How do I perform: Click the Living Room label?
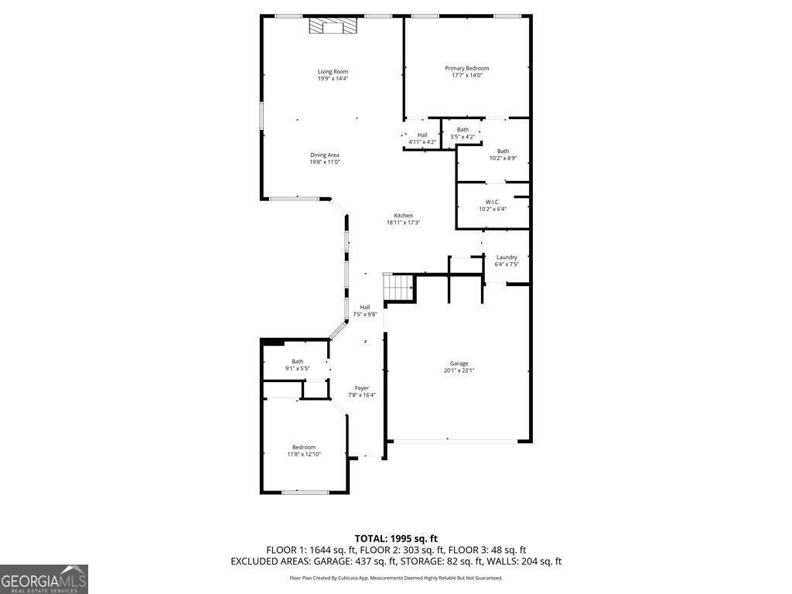coord(333,72)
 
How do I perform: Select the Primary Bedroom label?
coord(466,68)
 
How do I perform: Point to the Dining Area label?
coord(325,155)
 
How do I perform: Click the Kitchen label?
coord(403,216)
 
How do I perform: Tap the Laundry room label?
coord(507,258)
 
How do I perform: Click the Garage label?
coord(459,364)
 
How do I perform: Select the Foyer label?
coord(362,388)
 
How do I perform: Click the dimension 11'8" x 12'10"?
coord(304,454)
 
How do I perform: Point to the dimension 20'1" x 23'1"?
coord(459,370)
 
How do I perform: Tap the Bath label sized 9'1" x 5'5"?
coord(298,361)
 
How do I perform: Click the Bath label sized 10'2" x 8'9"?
coord(503,152)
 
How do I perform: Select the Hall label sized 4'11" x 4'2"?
coord(422,135)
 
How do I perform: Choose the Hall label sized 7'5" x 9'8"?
coord(364,308)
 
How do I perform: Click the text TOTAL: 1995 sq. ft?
coord(396,538)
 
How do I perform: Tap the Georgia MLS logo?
coord(44,579)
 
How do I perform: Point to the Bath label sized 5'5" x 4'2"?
coord(463,130)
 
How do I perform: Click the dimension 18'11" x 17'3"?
coord(403,223)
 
